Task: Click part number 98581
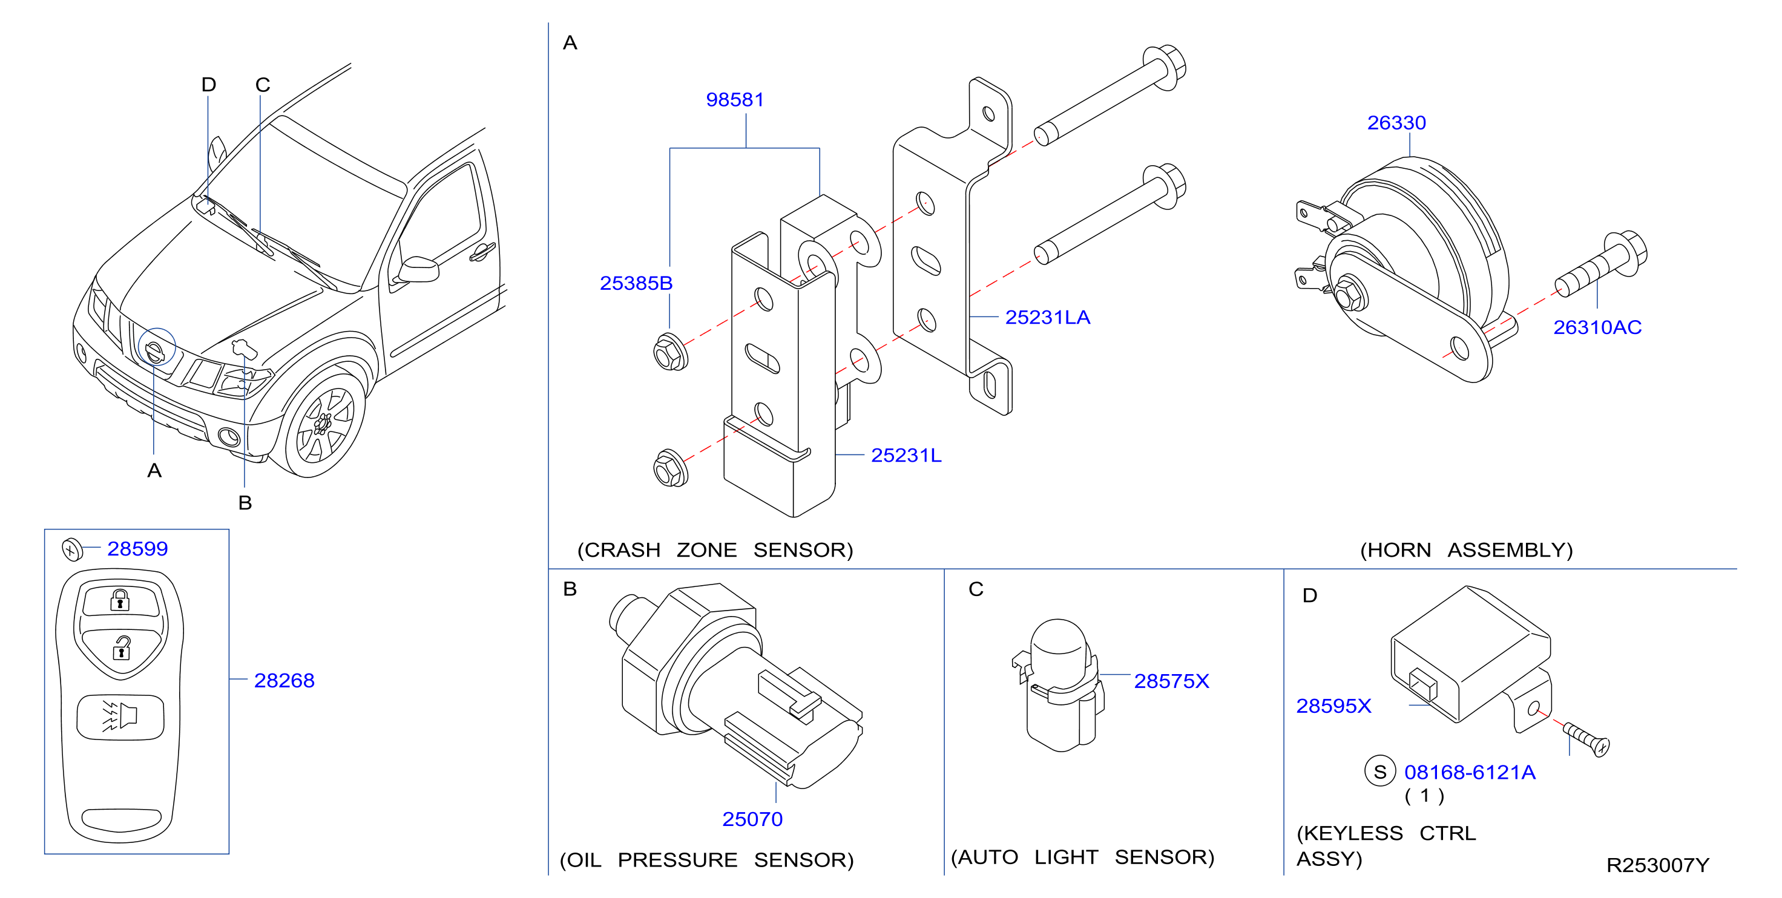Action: [735, 100]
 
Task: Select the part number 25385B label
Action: [636, 283]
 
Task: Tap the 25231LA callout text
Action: [1047, 317]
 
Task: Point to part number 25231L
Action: [906, 455]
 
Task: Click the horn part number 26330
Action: [1396, 122]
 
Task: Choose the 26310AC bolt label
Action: [1597, 327]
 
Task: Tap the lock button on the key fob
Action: [120, 600]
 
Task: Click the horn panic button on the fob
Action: [120, 716]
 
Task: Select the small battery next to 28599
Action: [72, 549]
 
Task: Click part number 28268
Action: [284, 681]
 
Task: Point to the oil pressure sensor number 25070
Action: [752, 819]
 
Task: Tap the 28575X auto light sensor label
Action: [1171, 681]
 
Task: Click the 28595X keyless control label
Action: [1333, 706]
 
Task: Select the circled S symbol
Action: [1380, 772]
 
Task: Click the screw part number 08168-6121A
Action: [1469, 772]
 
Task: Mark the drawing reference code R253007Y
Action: [1657, 865]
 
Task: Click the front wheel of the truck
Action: [324, 424]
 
